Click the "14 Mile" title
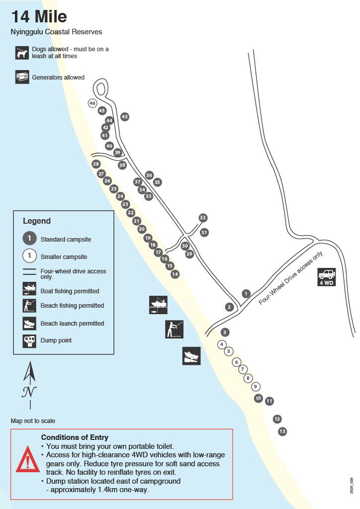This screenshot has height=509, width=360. [39, 16]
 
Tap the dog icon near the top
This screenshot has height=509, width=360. [22, 53]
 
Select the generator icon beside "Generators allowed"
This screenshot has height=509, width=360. [22, 77]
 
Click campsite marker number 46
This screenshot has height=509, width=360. [92, 103]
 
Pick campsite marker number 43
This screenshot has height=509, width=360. [125, 116]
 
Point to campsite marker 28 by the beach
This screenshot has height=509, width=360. [96, 164]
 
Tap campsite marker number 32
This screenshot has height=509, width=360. [202, 218]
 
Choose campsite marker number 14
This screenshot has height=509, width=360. [175, 274]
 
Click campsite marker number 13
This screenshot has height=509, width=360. [282, 431]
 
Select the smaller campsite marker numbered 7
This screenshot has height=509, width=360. [242, 369]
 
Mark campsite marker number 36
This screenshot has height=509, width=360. [149, 175]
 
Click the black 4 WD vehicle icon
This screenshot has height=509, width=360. [327, 277]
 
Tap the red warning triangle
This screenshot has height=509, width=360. [28, 460]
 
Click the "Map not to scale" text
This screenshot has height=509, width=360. [33, 421]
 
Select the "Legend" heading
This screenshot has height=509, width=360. [37, 221]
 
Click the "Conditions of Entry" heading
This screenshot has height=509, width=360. [75, 437]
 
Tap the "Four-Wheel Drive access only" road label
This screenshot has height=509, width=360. [291, 278]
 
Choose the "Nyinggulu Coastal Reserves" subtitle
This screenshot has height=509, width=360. [56, 32]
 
